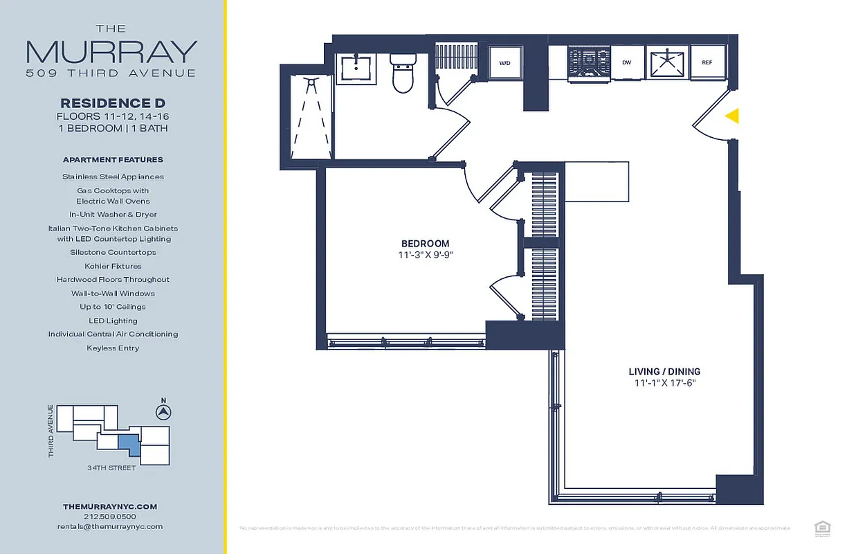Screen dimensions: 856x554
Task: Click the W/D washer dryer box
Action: point(505,63)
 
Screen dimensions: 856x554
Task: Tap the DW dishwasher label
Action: point(626,63)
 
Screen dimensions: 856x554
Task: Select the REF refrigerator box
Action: point(707,63)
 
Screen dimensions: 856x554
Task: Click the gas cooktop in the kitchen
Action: point(589,63)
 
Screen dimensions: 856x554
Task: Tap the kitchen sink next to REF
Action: point(667,63)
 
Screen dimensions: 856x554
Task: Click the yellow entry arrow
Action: point(732,116)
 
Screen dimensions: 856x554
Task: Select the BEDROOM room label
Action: point(425,244)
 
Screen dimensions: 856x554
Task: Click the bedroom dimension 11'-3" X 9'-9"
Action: point(425,255)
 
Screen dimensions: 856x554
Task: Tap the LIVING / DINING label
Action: point(664,371)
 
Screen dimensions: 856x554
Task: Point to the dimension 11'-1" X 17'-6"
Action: point(664,383)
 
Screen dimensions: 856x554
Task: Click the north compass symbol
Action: point(163,412)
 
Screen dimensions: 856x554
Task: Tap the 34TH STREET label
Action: point(111,468)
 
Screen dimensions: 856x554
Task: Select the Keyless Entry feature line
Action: point(113,348)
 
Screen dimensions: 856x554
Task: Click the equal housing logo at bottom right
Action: point(822,528)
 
